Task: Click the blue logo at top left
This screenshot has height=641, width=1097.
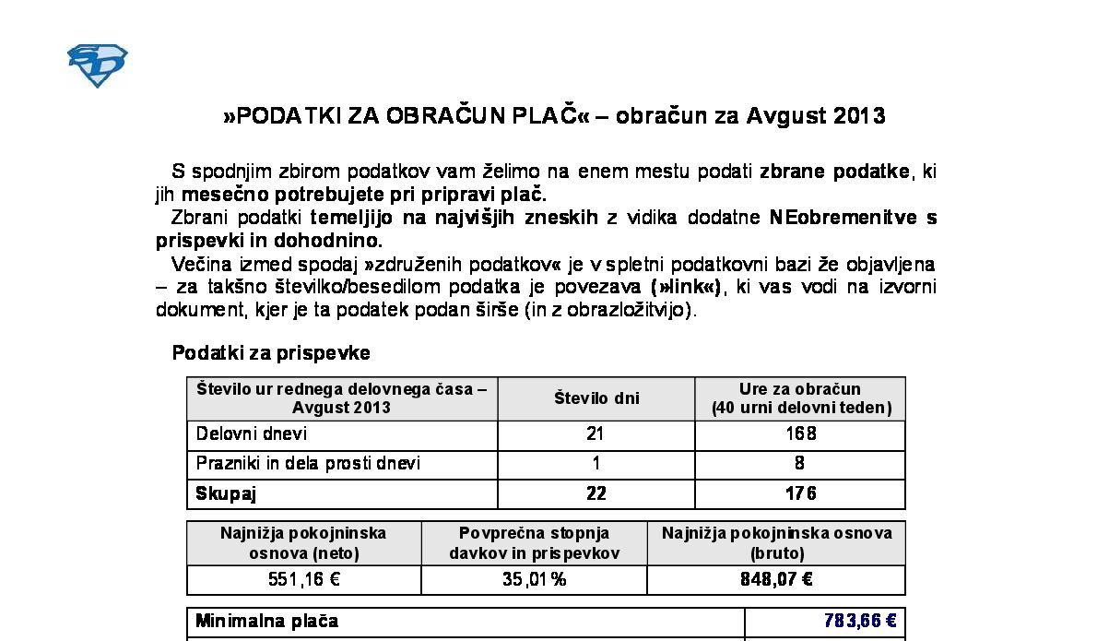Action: [97, 65]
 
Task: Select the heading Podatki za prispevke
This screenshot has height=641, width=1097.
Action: [271, 353]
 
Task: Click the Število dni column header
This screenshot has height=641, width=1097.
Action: [596, 398]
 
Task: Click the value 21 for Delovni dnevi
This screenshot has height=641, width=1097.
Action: [596, 433]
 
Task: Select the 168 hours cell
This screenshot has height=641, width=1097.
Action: [800, 433]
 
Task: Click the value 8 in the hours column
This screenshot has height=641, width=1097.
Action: [800, 463]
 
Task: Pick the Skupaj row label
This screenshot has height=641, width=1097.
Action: [226, 493]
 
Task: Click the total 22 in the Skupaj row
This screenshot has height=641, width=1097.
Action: [596, 493]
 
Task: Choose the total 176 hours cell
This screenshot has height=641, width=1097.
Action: [800, 493]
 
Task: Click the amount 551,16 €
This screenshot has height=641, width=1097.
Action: [304, 580]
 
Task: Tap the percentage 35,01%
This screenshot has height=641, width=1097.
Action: [534, 580]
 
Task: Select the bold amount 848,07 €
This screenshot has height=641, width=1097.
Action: [776, 580]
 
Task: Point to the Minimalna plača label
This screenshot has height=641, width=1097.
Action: [266, 621]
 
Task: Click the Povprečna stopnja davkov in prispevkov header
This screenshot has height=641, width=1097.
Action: [534, 543]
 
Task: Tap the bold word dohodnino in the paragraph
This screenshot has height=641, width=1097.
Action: [325, 241]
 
